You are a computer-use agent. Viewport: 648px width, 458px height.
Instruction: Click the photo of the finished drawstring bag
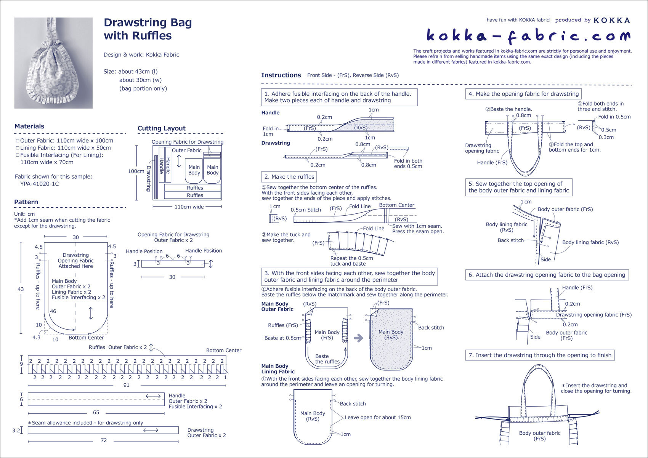pos(53,63)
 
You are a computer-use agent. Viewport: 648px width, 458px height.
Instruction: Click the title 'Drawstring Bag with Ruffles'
pos(148,29)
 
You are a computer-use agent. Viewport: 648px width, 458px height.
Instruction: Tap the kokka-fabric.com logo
pos(528,36)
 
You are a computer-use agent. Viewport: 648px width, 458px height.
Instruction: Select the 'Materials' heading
pos(29,127)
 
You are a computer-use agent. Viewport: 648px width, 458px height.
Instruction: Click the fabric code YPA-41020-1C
pos(40,184)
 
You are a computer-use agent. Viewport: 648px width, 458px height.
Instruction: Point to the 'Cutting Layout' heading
pos(161,128)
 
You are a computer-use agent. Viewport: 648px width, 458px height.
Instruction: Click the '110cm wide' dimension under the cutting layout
pos(189,207)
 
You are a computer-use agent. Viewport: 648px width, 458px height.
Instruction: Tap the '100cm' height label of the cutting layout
pos(136,171)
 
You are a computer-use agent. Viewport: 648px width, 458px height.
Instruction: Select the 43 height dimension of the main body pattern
pos(21,289)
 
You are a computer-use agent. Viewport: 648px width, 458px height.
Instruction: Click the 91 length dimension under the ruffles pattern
pos(126,385)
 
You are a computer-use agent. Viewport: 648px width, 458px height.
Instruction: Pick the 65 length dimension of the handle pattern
pos(96,412)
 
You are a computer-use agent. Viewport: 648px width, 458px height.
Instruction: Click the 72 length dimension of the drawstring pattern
pos(104,440)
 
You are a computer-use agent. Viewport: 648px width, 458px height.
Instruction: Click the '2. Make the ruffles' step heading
pos(289,177)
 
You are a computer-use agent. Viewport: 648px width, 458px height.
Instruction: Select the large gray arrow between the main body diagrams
pos(358,338)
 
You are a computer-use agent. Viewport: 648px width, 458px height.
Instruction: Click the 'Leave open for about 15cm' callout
pos(378,417)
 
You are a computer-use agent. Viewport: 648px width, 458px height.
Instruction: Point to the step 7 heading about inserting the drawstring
pos(540,355)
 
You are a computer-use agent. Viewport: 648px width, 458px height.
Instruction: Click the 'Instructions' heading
pos(281,75)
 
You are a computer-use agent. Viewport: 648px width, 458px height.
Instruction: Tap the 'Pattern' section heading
pos(26,202)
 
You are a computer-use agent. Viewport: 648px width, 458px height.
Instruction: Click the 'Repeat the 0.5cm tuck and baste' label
pos(351,261)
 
